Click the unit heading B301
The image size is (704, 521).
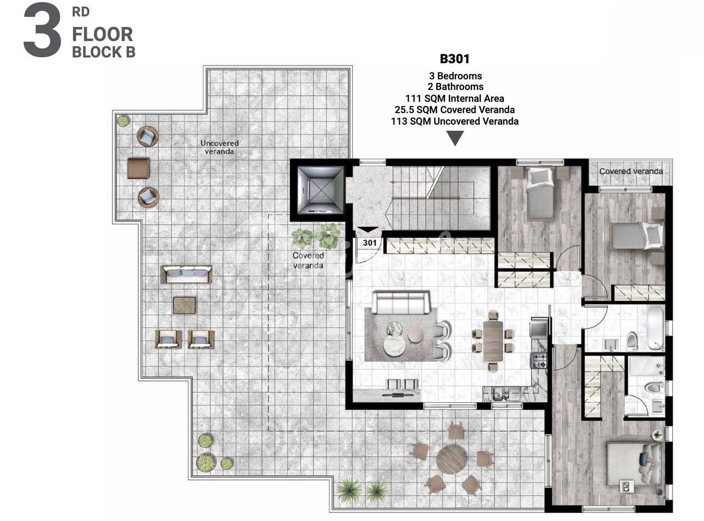[454, 59]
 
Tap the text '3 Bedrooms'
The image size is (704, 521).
[455, 76]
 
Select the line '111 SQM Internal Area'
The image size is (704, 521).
[454, 98]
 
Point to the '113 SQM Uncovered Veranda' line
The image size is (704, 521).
[455, 121]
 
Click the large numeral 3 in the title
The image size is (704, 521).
[42, 30]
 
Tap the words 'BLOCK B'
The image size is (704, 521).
[104, 52]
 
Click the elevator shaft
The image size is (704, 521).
[321, 190]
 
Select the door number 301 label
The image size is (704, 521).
[370, 243]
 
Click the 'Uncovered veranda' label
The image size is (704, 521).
[219, 147]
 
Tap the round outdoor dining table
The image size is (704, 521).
[451, 459]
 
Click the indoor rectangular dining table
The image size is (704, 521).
[493, 342]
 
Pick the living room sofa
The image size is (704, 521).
[400, 302]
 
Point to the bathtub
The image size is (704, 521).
[656, 329]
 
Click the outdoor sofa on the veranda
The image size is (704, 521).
[187, 274]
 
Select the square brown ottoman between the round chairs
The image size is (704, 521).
[138, 168]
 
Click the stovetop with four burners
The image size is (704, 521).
[539, 360]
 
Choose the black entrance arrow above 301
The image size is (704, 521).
[368, 230]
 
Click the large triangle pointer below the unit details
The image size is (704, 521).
[455, 138]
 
